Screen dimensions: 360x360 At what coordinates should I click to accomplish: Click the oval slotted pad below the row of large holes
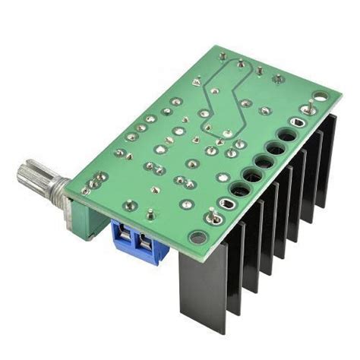[x=226, y=204]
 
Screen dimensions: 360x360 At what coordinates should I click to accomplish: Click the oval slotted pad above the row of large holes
[x=307, y=110]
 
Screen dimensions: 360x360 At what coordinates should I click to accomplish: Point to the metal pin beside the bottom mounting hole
[x=214, y=220]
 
